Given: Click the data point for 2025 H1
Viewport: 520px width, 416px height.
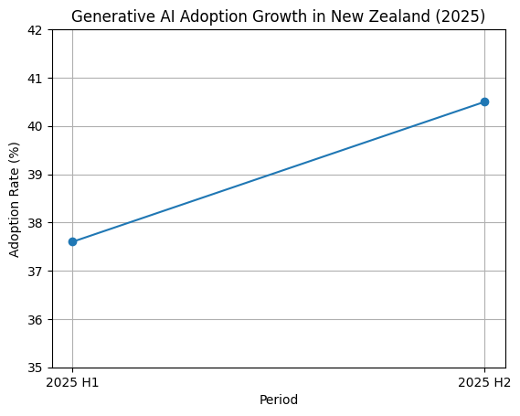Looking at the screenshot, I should (x=73, y=241).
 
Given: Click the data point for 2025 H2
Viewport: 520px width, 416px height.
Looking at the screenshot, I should (x=484, y=101).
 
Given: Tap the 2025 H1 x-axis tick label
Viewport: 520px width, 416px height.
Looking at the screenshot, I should (x=73, y=382).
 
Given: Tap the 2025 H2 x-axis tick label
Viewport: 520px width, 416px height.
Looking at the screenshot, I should (x=484, y=382).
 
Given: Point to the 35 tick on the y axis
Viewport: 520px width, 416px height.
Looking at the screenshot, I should (x=37, y=368).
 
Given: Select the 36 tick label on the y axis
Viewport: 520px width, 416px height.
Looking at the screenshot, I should (x=37, y=319).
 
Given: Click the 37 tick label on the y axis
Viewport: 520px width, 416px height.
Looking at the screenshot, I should (x=37, y=272).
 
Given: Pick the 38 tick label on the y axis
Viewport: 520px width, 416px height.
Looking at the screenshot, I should (x=37, y=223).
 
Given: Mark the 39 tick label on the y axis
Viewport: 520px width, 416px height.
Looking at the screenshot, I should (x=37, y=175).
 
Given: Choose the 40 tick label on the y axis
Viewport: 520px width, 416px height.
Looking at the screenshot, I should (x=37, y=126).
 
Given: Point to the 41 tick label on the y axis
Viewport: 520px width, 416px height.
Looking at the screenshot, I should (x=37, y=79).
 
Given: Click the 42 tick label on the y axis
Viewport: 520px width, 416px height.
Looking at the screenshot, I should (x=37, y=30).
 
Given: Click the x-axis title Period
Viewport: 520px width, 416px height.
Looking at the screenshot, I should (x=279, y=400).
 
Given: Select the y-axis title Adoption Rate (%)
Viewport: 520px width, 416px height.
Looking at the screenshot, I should (x=15, y=199).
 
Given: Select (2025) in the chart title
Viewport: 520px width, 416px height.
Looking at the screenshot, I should (x=463, y=16).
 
